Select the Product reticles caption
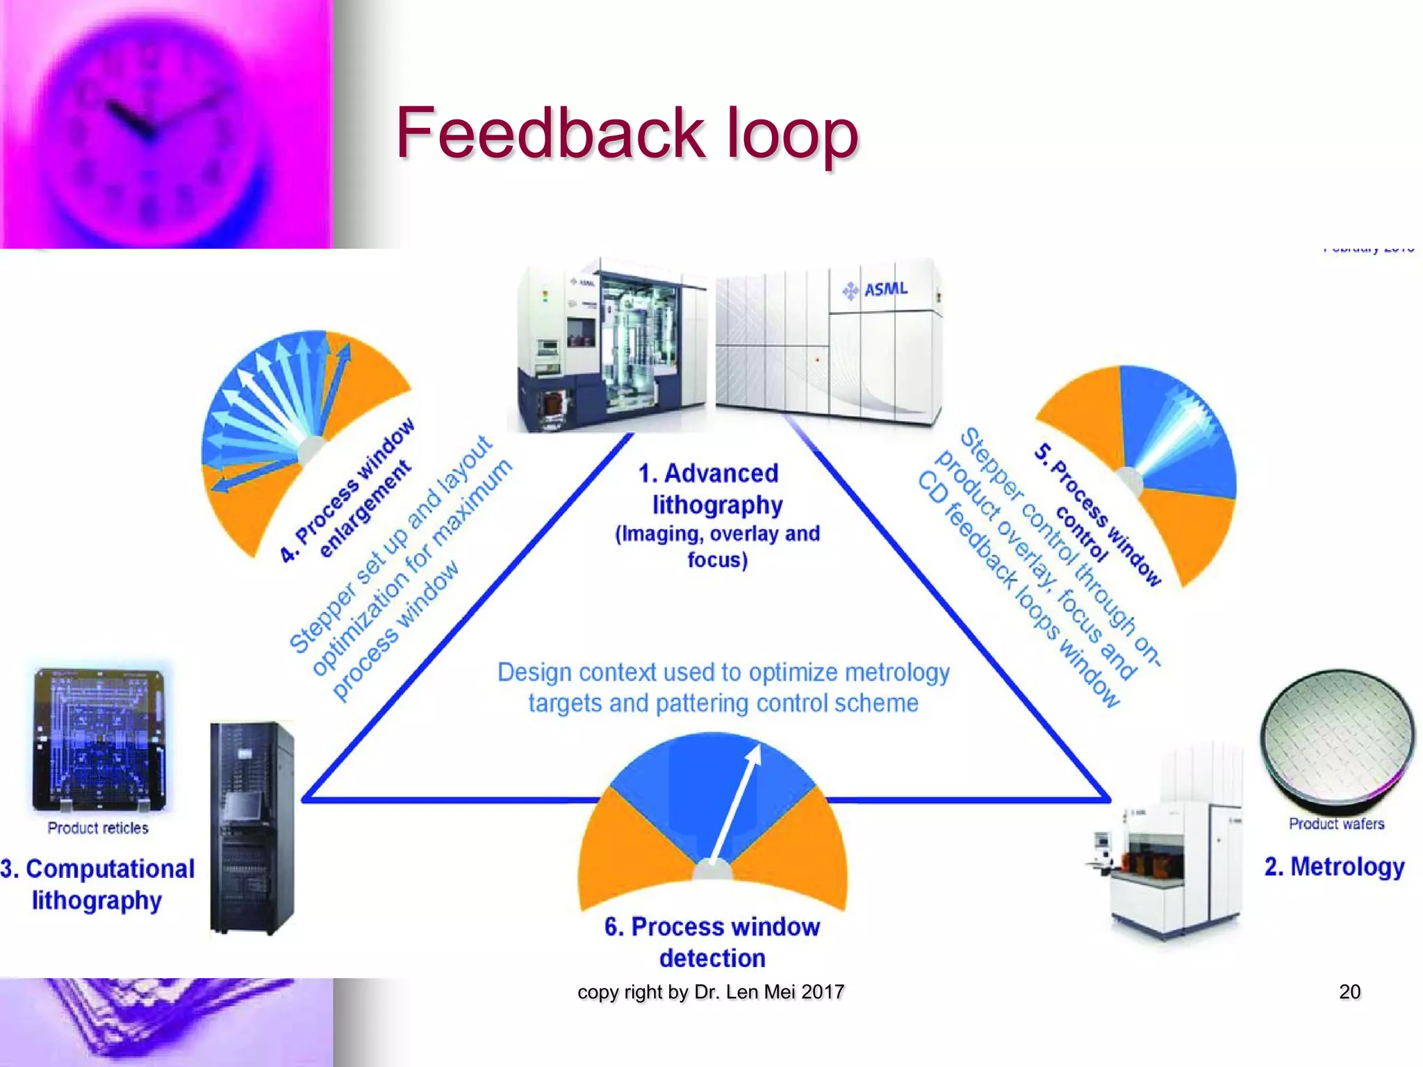click(98, 828)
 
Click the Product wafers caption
click(1336, 824)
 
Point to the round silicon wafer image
click(1337, 736)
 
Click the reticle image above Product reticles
click(99, 738)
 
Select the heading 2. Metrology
click(1334, 866)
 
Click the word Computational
click(110, 869)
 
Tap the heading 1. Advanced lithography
click(716, 489)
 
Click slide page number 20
click(1349, 991)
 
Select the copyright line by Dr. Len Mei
click(711, 992)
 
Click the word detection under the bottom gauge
click(712, 959)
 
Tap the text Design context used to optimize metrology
click(723, 672)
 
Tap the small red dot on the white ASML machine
click(818, 360)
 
